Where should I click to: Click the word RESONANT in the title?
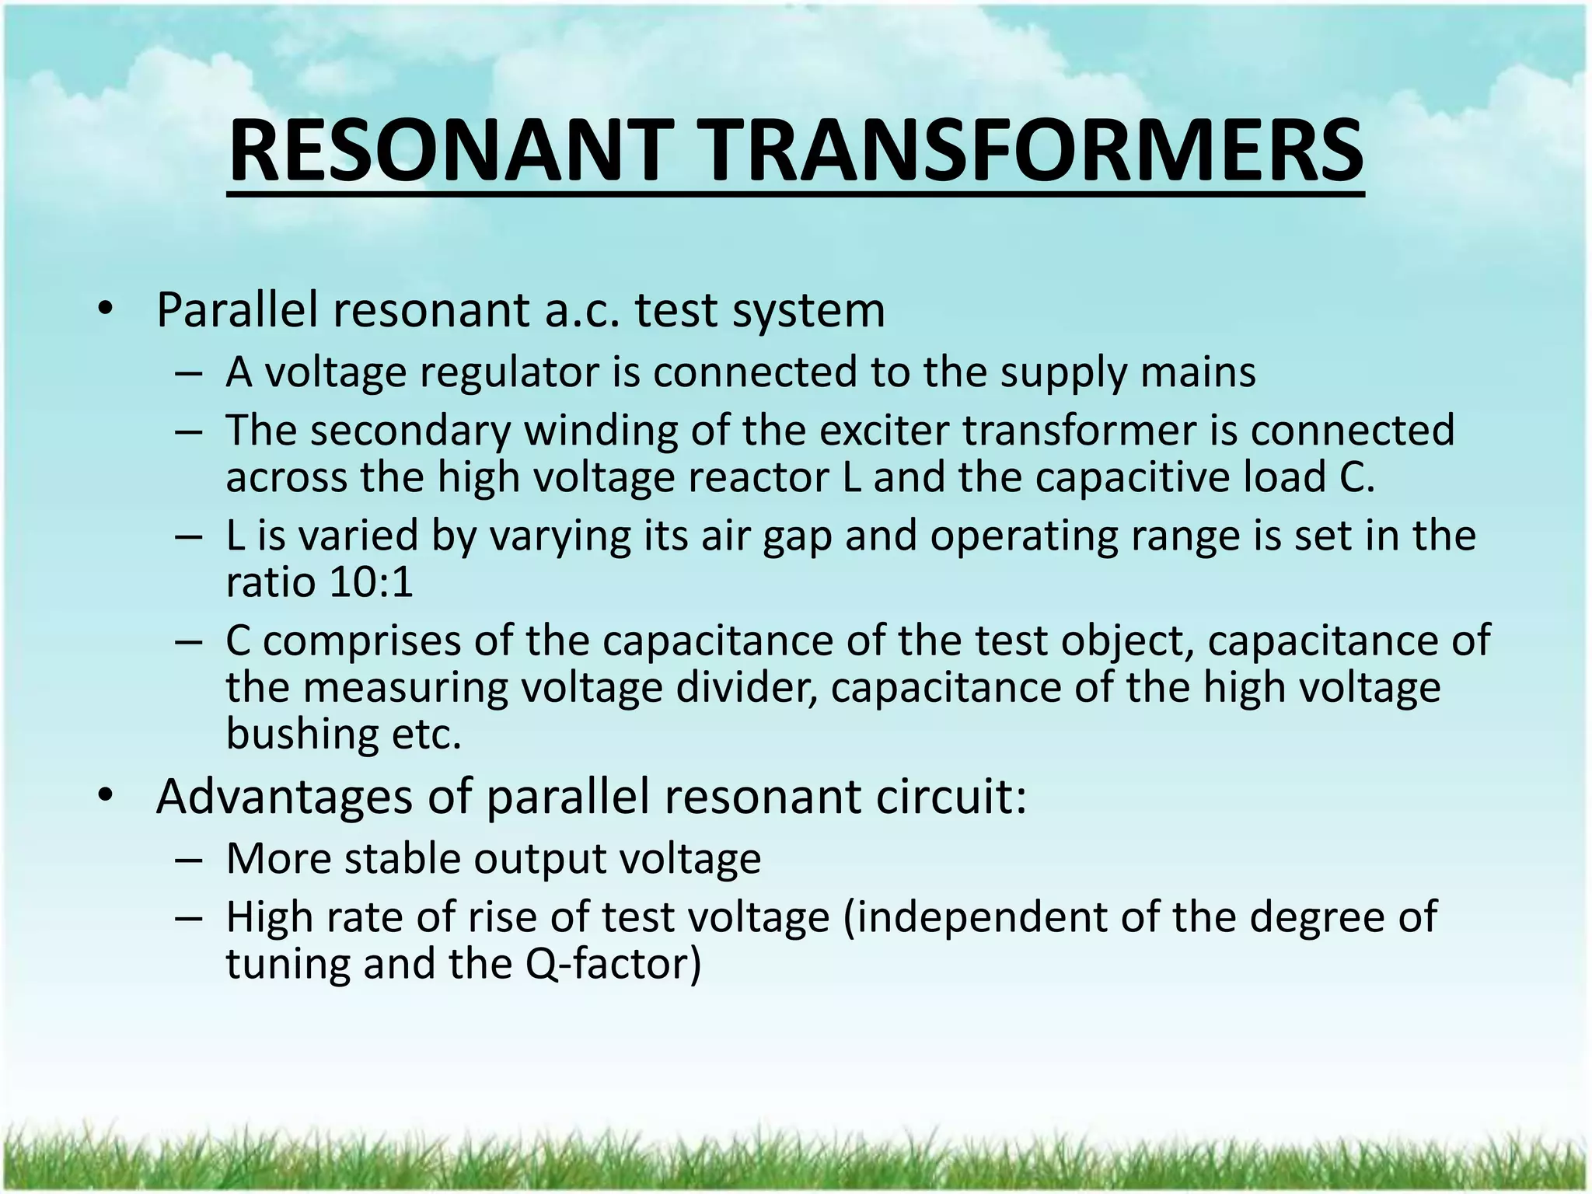[448, 152]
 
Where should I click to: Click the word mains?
[1198, 373]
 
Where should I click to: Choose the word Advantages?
[285, 797]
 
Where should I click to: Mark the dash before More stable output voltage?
[190, 861]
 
